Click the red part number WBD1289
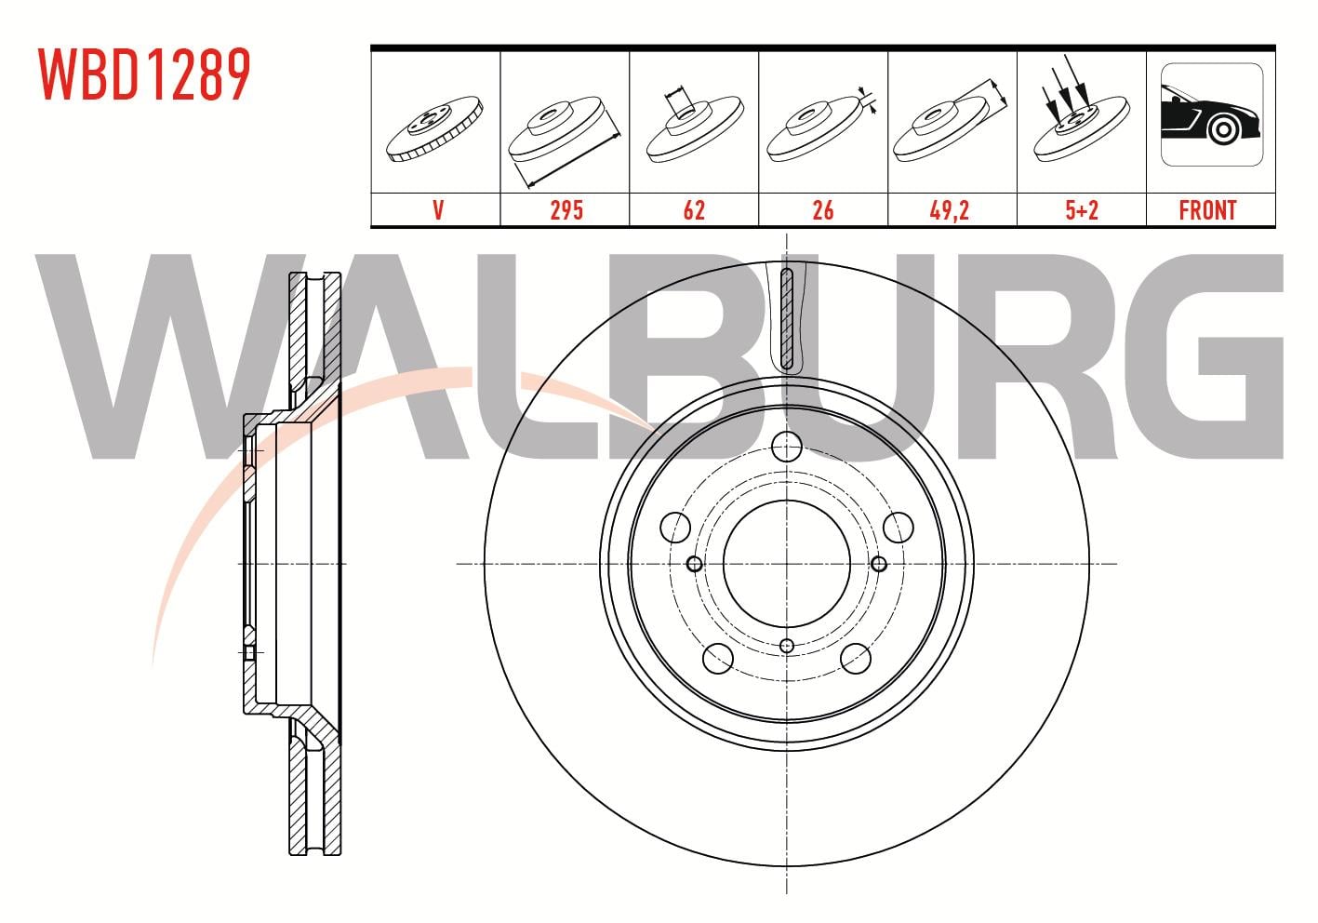pyautogui.click(x=144, y=74)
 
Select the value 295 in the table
pyautogui.click(x=566, y=210)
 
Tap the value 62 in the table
pyautogui.click(x=694, y=210)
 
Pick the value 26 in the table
pyautogui.click(x=822, y=210)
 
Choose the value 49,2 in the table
pyautogui.click(x=949, y=210)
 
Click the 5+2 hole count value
pyautogui.click(x=1082, y=210)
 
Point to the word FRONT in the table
pyautogui.click(x=1207, y=210)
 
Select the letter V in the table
pyautogui.click(x=438, y=210)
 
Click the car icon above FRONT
pyautogui.click(x=1212, y=114)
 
